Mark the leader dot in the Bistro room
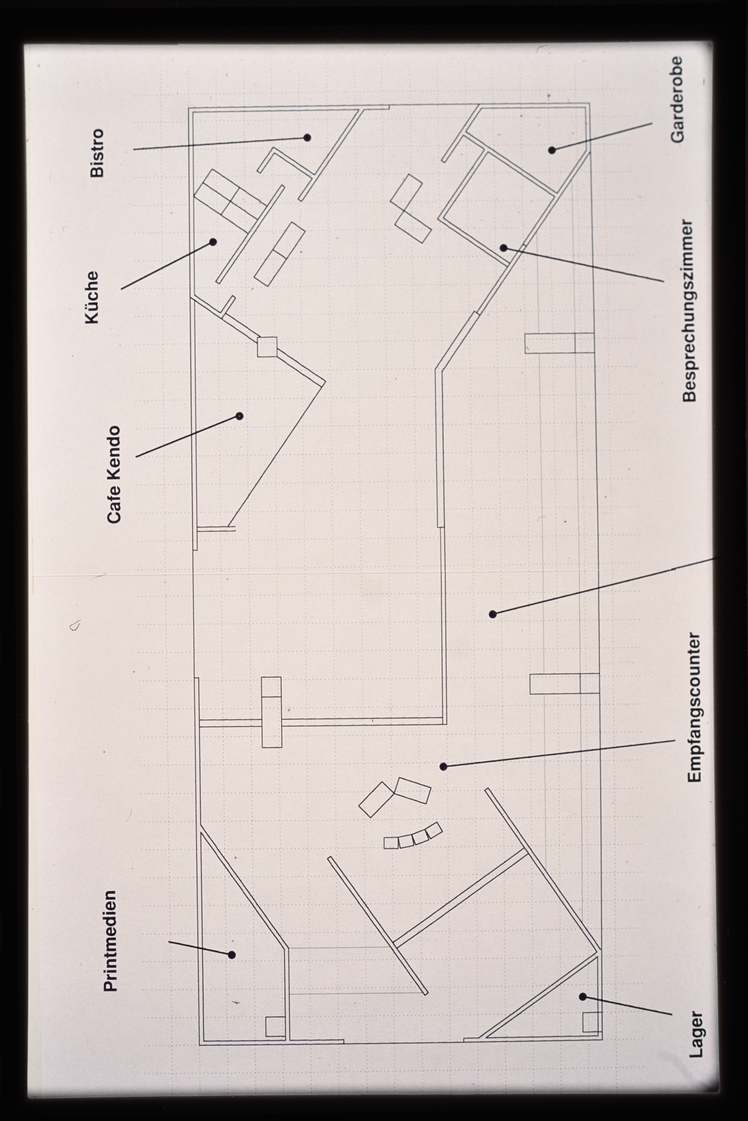click(x=307, y=137)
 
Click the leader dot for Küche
click(x=213, y=242)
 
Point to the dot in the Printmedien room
click(x=232, y=951)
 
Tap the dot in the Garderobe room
click(x=552, y=150)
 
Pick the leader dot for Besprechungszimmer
click(x=503, y=248)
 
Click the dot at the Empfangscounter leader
click(x=443, y=767)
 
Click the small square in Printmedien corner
click(x=275, y=1027)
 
